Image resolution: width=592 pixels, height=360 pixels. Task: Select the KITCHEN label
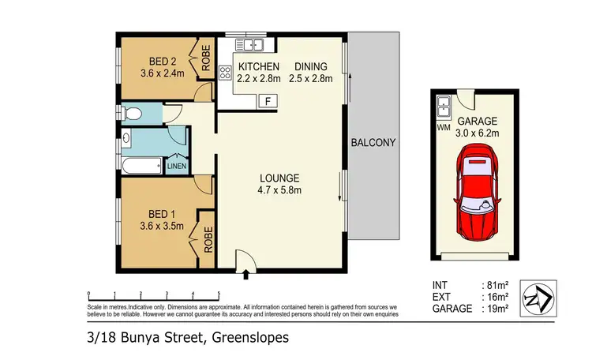click(x=259, y=66)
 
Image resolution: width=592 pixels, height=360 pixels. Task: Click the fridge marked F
click(x=269, y=101)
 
